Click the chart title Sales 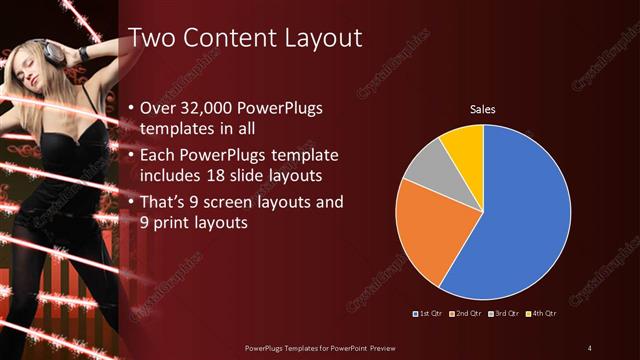[483, 109]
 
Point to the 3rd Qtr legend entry [505, 315]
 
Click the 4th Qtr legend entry [541, 315]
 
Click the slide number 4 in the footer [589, 347]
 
